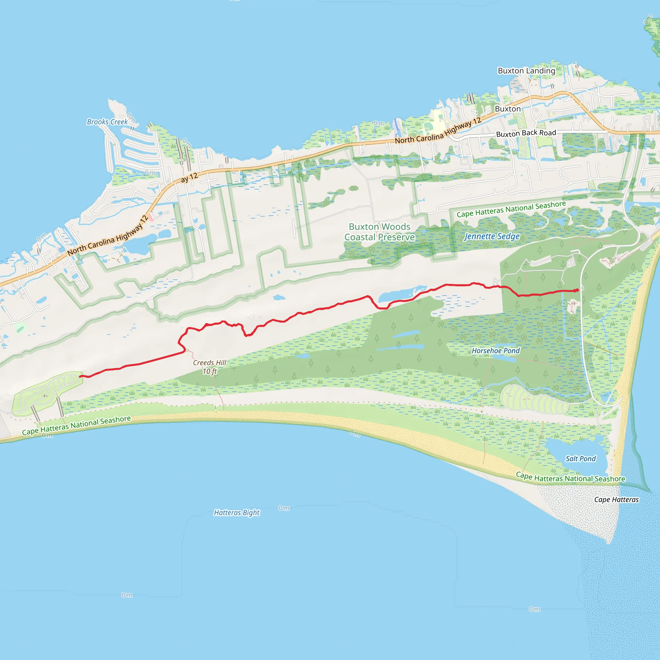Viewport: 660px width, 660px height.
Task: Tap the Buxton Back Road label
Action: [526, 133]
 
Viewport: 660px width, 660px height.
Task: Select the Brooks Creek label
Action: [107, 121]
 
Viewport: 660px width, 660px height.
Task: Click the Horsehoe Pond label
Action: [495, 351]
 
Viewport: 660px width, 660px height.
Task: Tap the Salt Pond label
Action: [580, 459]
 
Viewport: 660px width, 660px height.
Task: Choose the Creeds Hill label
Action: [209, 363]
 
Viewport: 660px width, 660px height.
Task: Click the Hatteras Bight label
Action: [237, 512]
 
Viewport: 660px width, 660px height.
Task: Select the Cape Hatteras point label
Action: [616, 500]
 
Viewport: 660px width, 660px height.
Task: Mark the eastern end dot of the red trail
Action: [577, 290]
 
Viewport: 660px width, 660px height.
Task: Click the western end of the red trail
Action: [80, 376]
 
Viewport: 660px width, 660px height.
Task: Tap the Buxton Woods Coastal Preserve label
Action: [379, 232]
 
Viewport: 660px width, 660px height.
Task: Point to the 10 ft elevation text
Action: [209, 371]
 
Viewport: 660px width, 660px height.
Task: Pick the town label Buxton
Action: [508, 109]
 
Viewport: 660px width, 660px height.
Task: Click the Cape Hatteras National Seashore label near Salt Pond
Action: [570, 477]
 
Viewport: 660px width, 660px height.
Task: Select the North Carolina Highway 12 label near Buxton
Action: [438, 131]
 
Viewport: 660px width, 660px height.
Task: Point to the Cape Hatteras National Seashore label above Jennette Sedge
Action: [511, 209]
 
